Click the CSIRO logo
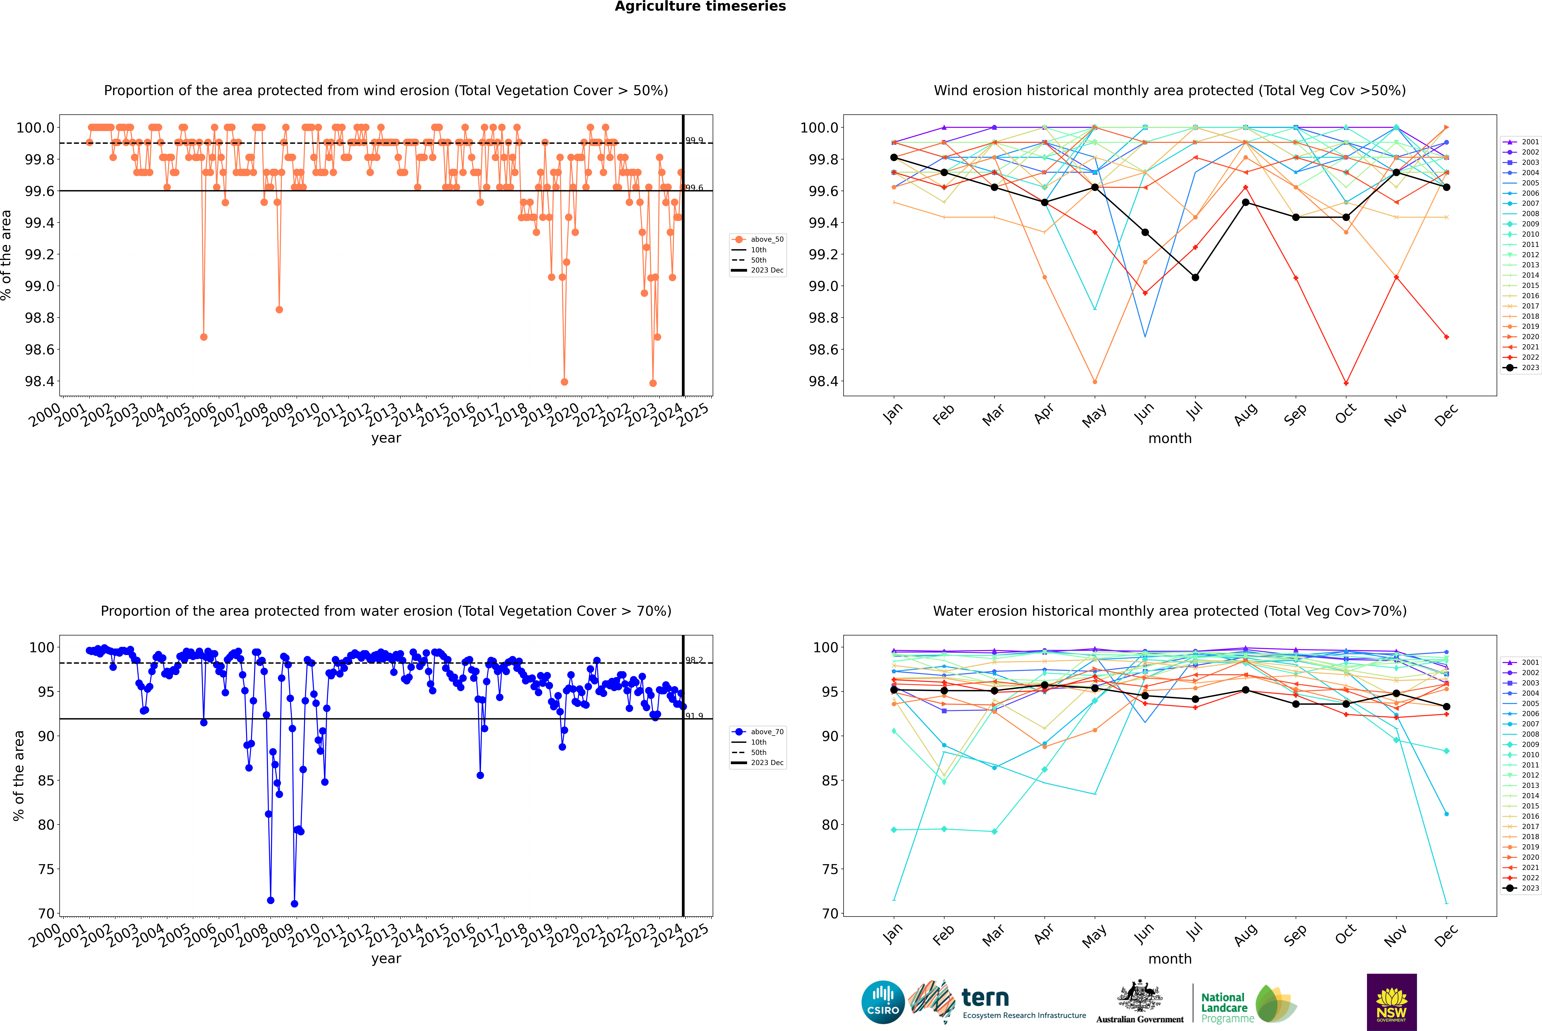[883, 1002]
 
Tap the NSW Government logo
[1391, 1002]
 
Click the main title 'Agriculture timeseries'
[700, 7]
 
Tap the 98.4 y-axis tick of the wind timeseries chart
[39, 381]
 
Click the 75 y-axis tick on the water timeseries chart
[46, 869]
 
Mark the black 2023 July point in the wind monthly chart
[1195, 277]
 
